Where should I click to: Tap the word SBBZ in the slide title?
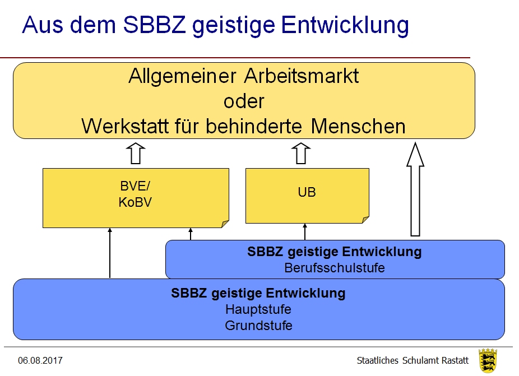[154, 25]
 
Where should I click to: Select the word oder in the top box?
[244, 101]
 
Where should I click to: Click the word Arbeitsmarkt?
[301, 76]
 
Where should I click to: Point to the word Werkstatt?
[125, 126]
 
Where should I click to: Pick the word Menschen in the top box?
[358, 126]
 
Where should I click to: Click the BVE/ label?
[135, 186]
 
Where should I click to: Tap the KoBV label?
[135, 202]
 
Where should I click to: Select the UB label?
[307, 192]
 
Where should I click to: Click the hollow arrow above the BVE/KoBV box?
[136, 153]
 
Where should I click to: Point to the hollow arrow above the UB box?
[301, 153]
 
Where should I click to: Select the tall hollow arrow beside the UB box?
[415, 189]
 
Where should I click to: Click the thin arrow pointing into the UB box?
[305, 231]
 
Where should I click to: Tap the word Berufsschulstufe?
[335, 268]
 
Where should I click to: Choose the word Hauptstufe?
[258, 309]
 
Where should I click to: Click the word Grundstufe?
[258, 326]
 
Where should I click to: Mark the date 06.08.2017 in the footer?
[40, 360]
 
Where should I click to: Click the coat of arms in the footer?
[488, 360]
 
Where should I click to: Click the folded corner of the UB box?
[365, 220]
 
